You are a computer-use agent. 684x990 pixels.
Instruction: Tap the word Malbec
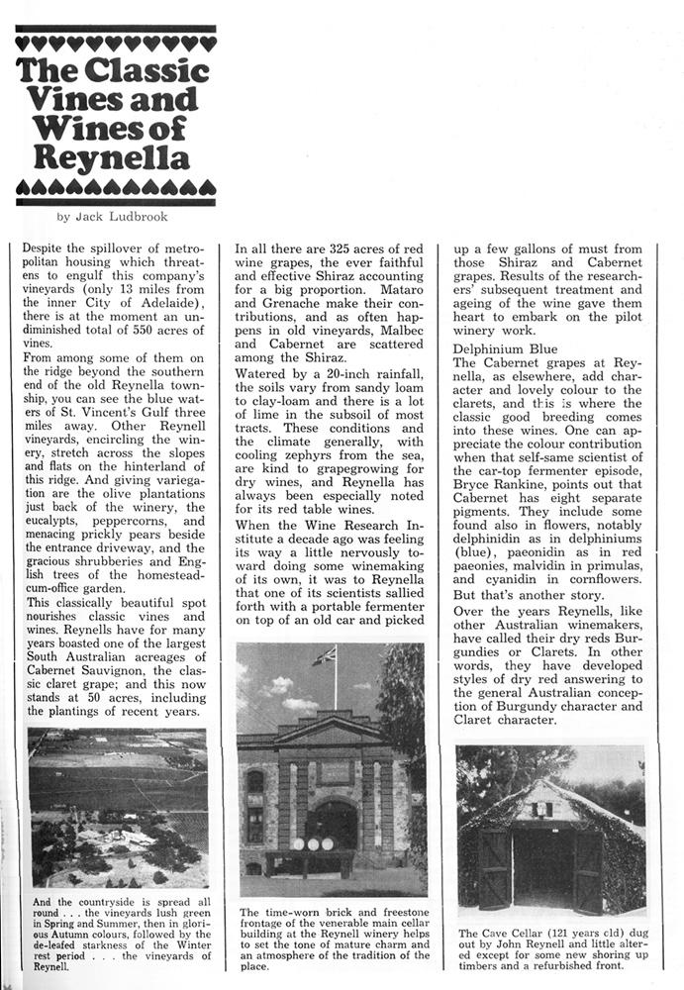click(x=402, y=319)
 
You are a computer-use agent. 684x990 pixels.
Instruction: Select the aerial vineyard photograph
click(x=118, y=807)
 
